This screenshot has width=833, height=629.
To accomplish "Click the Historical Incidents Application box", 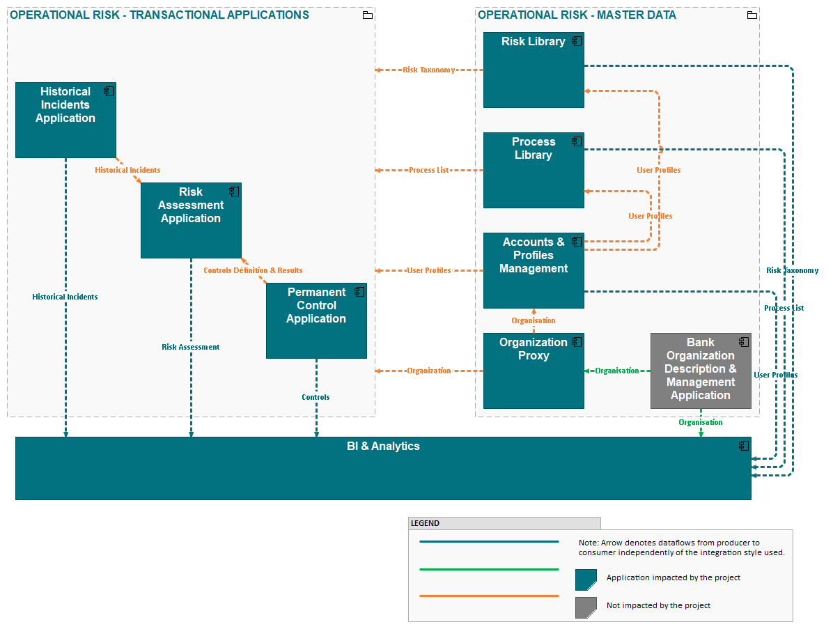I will (x=65, y=120).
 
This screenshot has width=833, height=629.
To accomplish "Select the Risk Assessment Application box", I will (x=191, y=220).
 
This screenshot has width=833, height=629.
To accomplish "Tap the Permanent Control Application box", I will (x=316, y=320).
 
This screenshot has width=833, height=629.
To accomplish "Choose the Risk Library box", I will (x=534, y=70).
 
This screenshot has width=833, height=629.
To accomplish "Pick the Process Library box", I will (x=534, y=170).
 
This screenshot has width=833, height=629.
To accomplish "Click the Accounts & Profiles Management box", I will (x=534, y=270).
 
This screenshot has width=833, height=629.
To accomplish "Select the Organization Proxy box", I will (x=534, y=371).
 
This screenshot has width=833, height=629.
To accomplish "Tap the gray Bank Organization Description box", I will (x=701, y=371).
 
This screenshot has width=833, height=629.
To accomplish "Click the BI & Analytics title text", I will (x=383, y=446).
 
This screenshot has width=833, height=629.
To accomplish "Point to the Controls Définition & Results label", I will (x=253, y=270).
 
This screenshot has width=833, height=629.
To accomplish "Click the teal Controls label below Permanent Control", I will (x=316, y=397).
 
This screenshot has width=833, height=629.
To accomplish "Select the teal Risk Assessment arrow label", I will (x=190, y=347).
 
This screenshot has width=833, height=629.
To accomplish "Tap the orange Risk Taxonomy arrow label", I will (x=429, y=70).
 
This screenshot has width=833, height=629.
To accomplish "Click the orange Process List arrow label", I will (x=429, y=170).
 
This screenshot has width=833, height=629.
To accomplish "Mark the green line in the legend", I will (x=489, y=569).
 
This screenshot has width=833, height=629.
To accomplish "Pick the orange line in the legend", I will (x=489, y=596).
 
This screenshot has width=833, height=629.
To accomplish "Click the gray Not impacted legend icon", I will (x=586, y=607).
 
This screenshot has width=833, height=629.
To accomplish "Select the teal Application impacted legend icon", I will (x=586, y=580).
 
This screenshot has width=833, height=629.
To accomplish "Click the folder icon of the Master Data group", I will (x=752, y=15).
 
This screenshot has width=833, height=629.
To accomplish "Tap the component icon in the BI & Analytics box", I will (x=744, y=446).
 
